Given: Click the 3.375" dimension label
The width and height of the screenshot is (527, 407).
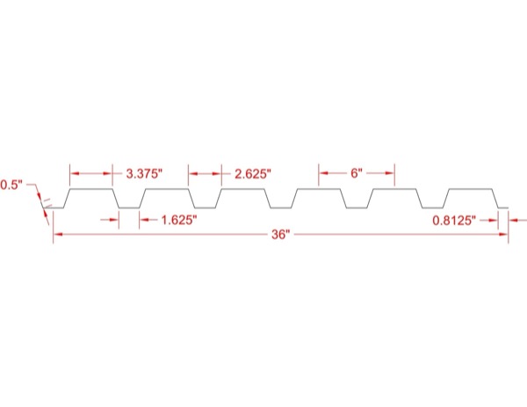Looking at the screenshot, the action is pos(144,174).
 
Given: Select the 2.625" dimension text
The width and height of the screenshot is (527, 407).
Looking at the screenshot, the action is pos(253,174).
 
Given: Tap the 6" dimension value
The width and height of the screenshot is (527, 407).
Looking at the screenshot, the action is pos(357,173).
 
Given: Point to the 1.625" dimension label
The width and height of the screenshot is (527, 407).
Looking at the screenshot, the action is pos(179,221).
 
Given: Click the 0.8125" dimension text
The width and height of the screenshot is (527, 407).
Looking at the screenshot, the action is pos(454,221).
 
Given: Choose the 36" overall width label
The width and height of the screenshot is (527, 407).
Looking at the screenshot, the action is pos(281,235).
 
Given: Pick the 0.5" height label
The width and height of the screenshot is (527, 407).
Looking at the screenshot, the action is pos(11,185).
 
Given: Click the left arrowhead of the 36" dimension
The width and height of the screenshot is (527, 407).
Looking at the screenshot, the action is pos(58,234).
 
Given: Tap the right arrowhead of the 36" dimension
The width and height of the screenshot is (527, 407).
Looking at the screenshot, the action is pos(503,234).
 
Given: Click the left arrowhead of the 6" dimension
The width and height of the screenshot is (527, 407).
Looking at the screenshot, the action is pos(323,173).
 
